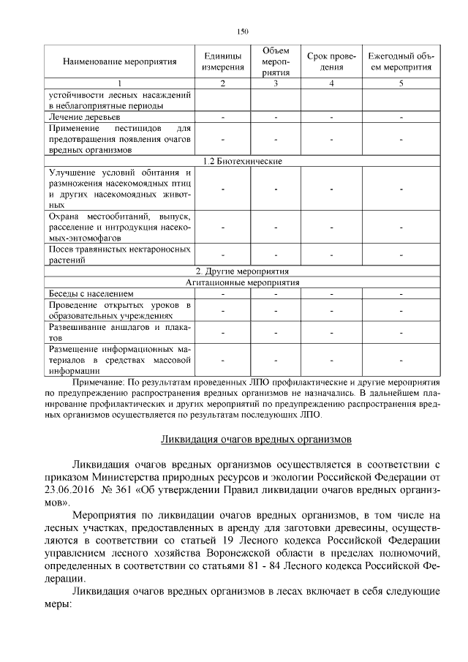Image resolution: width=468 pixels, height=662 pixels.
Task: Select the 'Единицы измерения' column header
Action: (x=223, y=61)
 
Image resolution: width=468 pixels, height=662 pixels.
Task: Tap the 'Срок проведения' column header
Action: (x=331, y=61)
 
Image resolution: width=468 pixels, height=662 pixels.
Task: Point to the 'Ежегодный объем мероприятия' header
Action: (x=401, y=61)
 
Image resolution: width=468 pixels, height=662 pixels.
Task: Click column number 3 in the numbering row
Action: (x=276, y=83)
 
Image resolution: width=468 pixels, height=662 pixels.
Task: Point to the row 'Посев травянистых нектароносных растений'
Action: (x=120, y=255)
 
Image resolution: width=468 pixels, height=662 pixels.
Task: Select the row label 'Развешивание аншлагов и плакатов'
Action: (x=120, y=333)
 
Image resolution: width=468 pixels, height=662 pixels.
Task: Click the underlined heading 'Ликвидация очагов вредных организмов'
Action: (x=257, y=440)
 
